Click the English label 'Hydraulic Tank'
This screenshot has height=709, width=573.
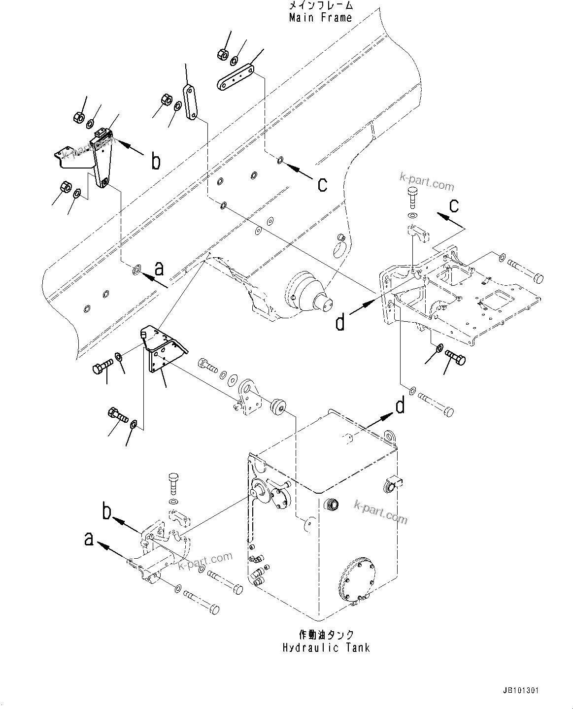point(326,647)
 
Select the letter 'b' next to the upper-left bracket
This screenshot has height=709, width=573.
point(156,162)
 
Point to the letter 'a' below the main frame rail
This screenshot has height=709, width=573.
point(159,269)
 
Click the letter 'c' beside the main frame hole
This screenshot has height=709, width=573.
point(322,184)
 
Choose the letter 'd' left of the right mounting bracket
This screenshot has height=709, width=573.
point(340,323)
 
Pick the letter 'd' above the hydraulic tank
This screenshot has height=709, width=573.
point(400,406)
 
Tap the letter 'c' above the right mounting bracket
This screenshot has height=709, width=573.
point(454,204)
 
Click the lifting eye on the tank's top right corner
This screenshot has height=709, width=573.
point(391,437)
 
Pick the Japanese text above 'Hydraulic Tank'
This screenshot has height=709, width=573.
point(326,635)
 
